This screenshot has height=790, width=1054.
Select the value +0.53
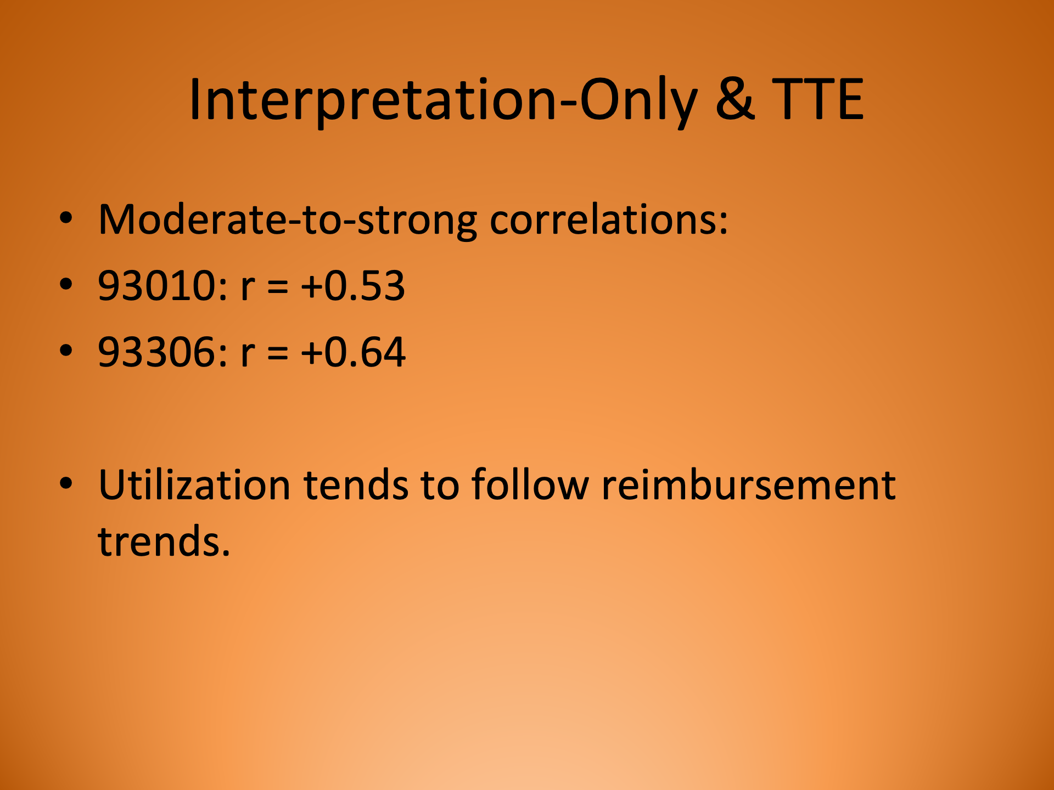(353, 286)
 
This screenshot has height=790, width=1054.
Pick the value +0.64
(353, 352)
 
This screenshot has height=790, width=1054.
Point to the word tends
(356, 485)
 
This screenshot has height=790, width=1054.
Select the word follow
(530, 485)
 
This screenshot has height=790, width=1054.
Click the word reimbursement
(748, 485)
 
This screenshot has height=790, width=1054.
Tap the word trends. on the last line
(164, 541)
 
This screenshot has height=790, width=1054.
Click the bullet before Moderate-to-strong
(66, 218)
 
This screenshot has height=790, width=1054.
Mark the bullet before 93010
(66, 284)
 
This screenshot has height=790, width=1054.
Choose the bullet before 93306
(66, 350)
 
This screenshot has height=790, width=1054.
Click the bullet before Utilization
(66, 483)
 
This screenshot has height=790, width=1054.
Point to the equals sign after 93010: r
(278, 288)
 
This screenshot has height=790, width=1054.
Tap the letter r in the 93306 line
(248, 354)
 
